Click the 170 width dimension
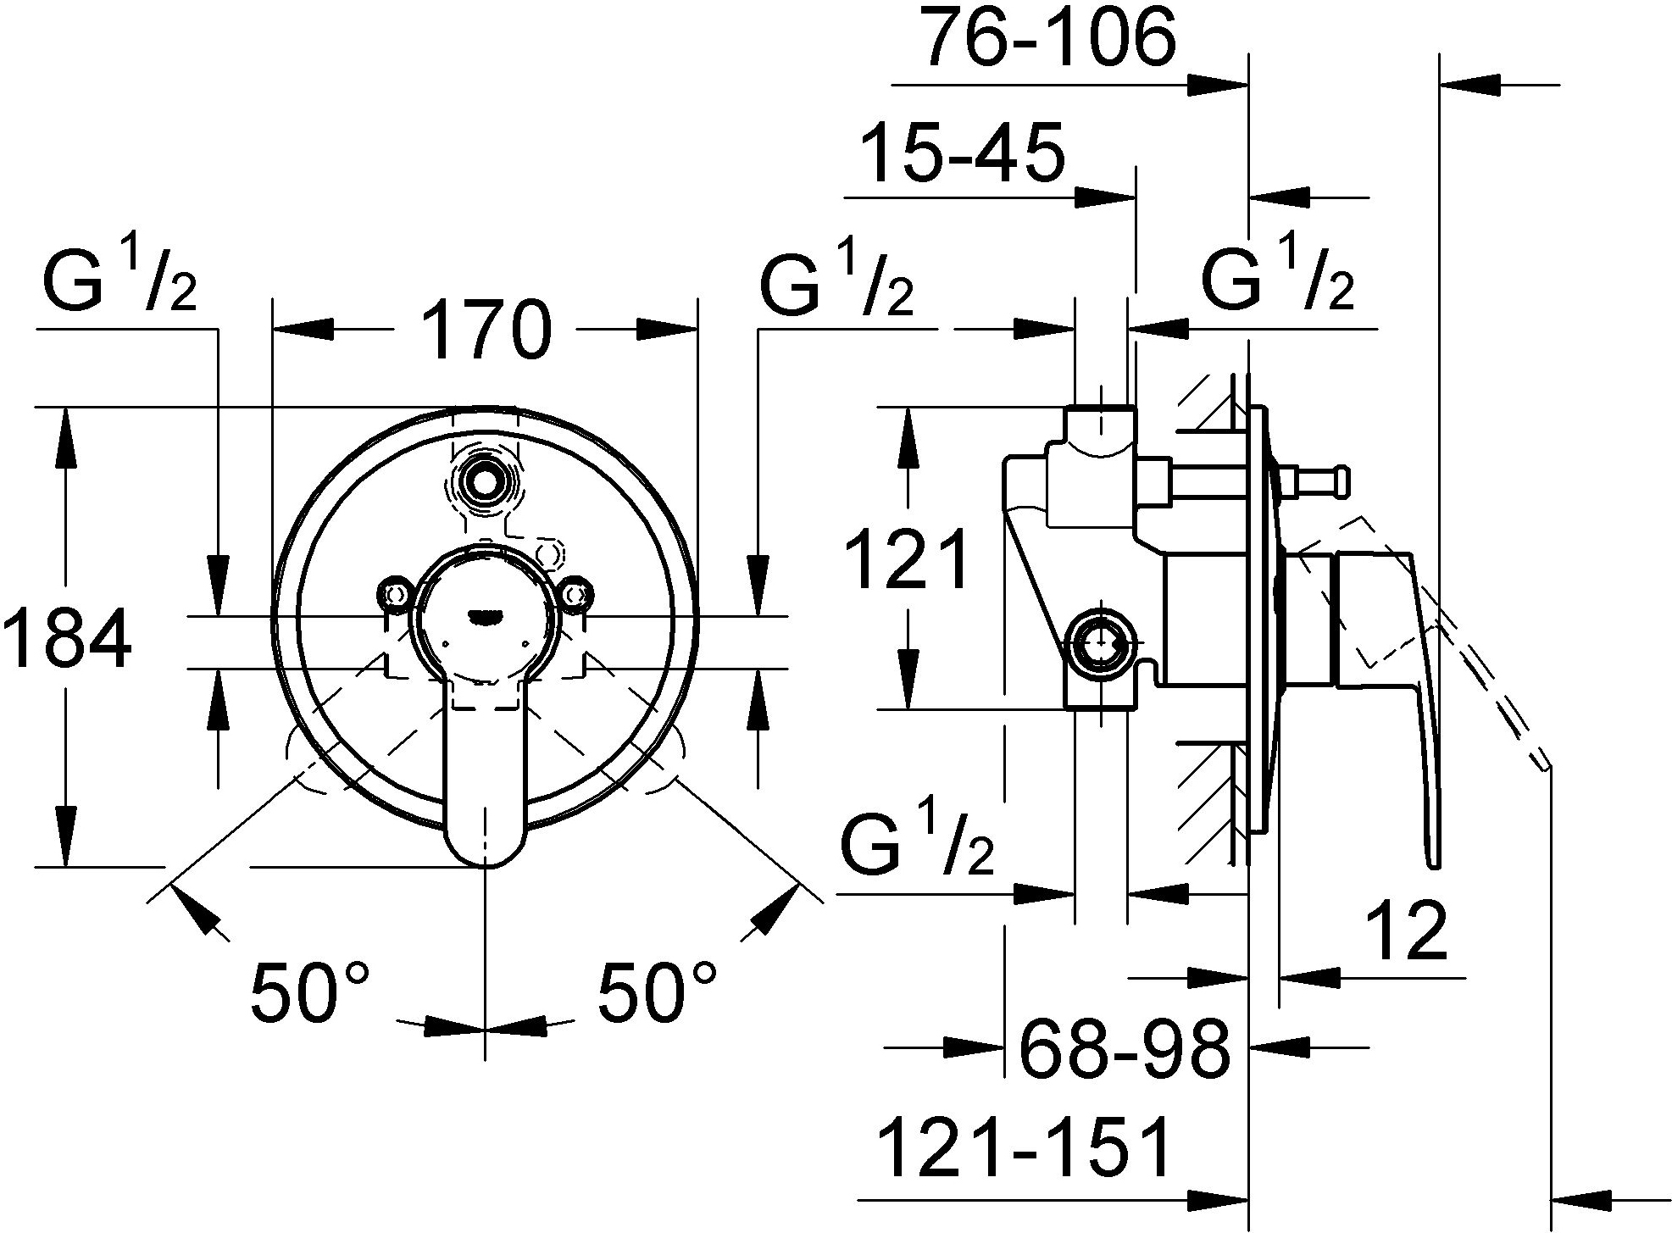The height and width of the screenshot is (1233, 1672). pos(486,329)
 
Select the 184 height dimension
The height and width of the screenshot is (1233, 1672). pos(68,639)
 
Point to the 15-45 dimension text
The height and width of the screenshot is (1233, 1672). pos(961,153)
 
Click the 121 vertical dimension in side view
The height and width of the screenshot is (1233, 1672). pos(909,558)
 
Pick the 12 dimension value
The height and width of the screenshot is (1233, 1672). pos(1405,930)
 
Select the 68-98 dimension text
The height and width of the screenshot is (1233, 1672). pos(1124,1048)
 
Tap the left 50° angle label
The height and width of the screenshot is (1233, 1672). pos(310,991)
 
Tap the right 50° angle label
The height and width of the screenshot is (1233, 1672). pos(658,991)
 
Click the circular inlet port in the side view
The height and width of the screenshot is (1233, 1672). pos(1100,643)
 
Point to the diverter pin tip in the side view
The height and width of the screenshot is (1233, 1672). pos(1340,484)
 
